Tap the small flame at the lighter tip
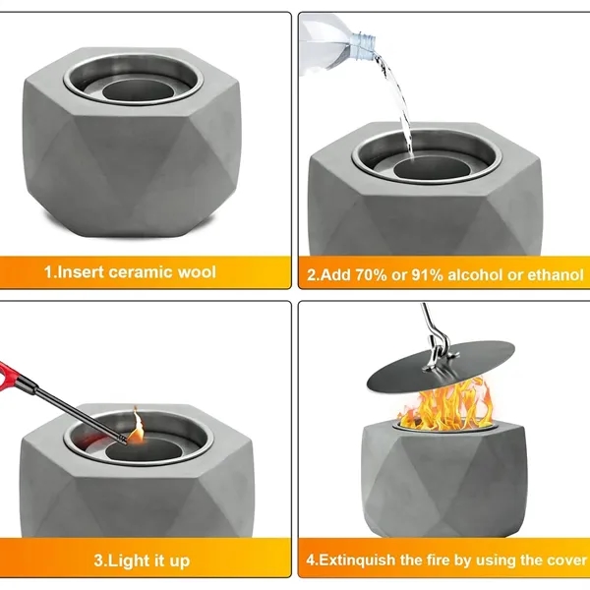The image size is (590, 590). [x=137, y=426]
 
